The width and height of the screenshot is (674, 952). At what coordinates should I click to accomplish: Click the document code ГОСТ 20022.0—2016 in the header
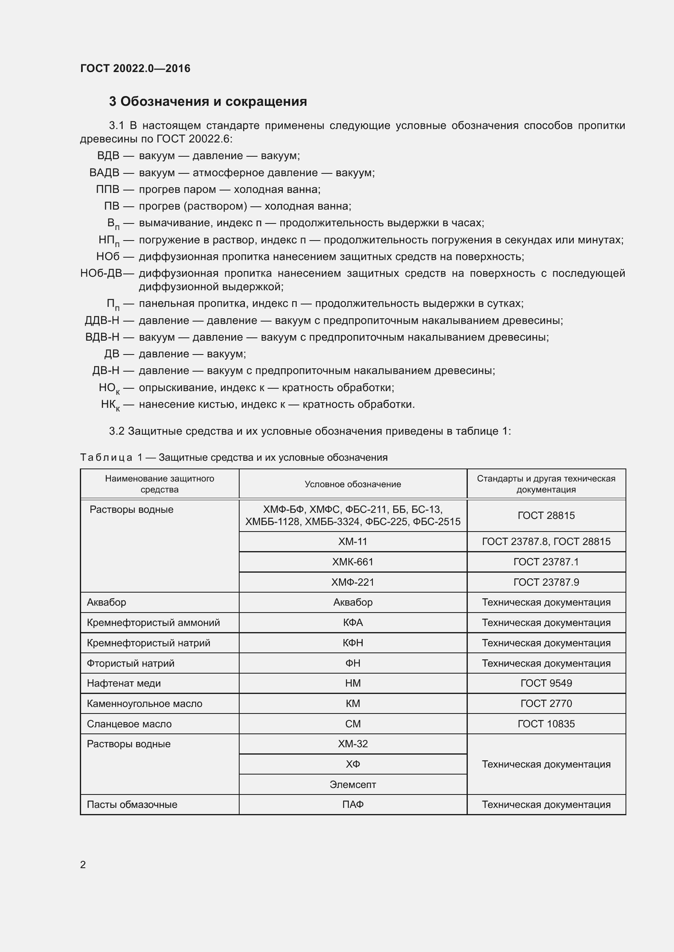[x=135, y=68]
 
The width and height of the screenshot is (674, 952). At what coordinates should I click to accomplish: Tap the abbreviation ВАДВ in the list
[x=104, y=173]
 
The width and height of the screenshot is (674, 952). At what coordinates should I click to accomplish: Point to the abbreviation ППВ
[x=108, y=190]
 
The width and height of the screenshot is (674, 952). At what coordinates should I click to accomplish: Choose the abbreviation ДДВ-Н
[x=102, y=320]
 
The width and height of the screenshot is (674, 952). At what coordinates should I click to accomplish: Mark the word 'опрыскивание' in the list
[x=173, y=388]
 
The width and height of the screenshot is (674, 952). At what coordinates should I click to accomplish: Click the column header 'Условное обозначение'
[x=353, y=484]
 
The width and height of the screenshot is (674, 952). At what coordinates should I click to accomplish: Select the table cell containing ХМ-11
[x=353, y=541]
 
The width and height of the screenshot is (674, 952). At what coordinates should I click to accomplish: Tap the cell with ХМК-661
[x=353, y=562]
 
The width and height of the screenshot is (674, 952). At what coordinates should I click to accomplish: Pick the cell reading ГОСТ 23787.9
[x=546, y=582]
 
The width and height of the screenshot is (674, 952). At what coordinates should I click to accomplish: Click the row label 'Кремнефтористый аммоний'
[x=153, y=622]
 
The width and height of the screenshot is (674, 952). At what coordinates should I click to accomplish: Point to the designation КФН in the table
[x=353, y=643]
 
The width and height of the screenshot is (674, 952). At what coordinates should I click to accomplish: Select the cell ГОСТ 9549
[x=546, y=683]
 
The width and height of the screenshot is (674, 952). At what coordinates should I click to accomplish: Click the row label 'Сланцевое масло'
[x=129, y=724]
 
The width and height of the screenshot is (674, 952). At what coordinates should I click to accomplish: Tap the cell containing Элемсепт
[x=353, y=784]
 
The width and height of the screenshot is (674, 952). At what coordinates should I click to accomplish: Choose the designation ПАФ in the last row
[x=353, y=804]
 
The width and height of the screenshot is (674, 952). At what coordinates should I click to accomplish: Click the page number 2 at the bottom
[x=83, y=864]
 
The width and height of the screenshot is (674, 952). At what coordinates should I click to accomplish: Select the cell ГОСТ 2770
[x=546, y=703]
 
